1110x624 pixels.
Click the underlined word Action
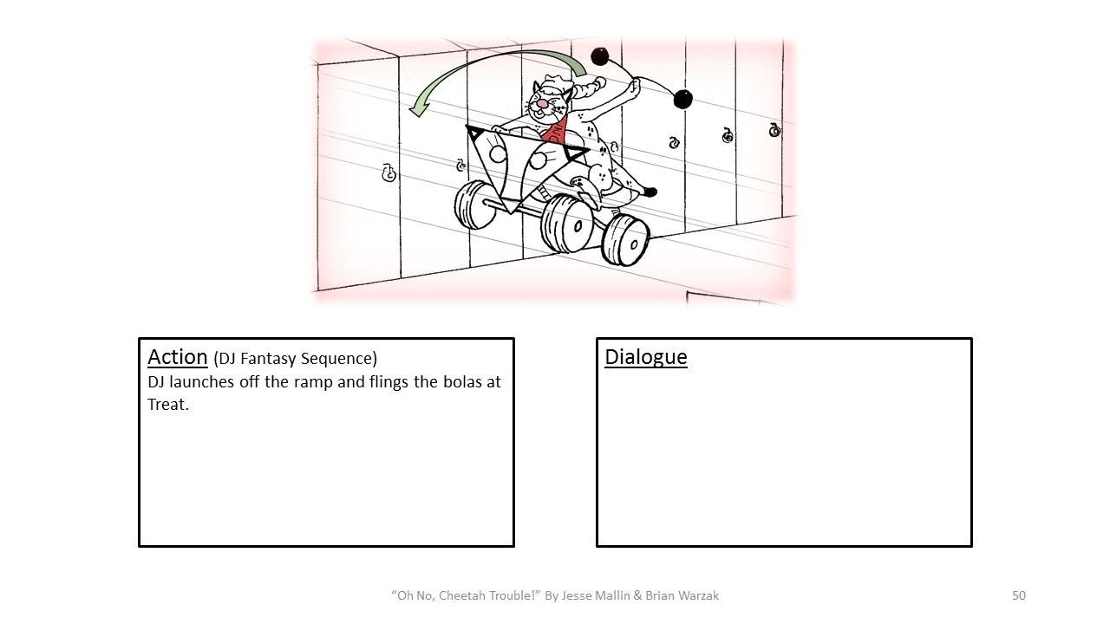(x=177, y=357)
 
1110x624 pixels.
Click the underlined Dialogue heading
(x=645, y=357)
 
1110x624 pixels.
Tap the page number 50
(x=1019, y=595)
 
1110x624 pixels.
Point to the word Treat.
(x=166, y=405)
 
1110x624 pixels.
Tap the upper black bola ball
(x=599, y=57)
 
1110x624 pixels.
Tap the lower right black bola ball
(x=683, y=100)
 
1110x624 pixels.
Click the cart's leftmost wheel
(x=472, y=205)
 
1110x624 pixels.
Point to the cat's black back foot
(x=650, y=192)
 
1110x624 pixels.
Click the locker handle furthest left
(x=388, y=173)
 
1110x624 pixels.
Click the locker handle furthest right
(x=774, y=130)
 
